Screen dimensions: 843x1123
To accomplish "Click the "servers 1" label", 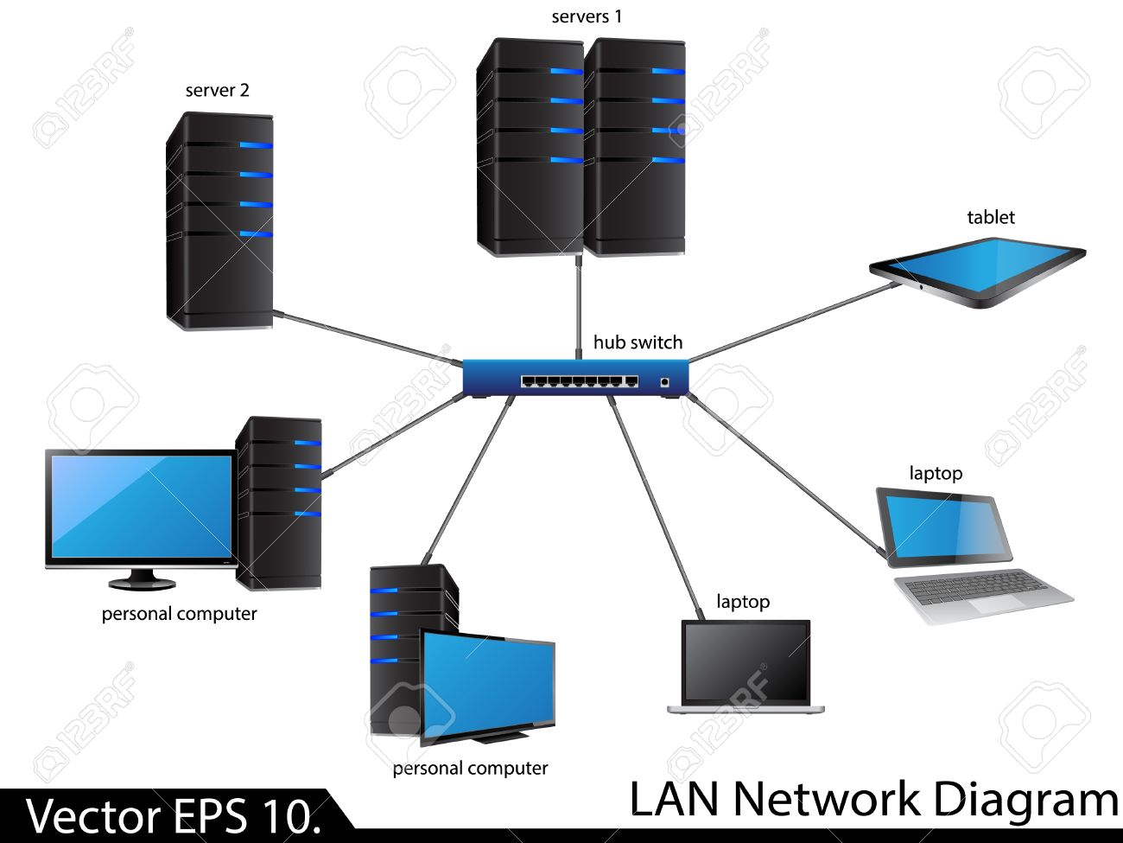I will tap(587, 16).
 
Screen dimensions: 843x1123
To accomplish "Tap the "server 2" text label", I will tap(217, 90).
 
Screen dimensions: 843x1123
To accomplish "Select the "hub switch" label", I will tap(638, 342).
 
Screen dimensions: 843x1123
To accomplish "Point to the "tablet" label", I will tap(990, 217).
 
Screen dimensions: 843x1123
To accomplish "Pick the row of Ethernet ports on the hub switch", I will tap(579, 381).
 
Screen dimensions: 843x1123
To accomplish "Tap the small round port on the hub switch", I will tap(664, 381).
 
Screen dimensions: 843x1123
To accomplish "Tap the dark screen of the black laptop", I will tap(745, 661).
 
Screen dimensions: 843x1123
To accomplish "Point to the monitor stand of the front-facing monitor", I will tap(142, 579).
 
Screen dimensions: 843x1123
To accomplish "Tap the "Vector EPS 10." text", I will tap(173, 816).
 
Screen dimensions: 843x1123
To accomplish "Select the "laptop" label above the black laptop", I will tap(742, 601).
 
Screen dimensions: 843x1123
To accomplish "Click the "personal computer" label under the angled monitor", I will tap(470, 768).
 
